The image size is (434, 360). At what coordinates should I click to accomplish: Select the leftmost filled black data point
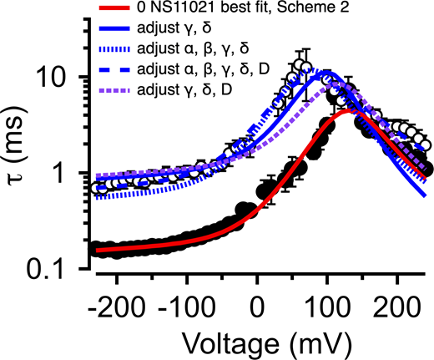(x=93, y=249)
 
